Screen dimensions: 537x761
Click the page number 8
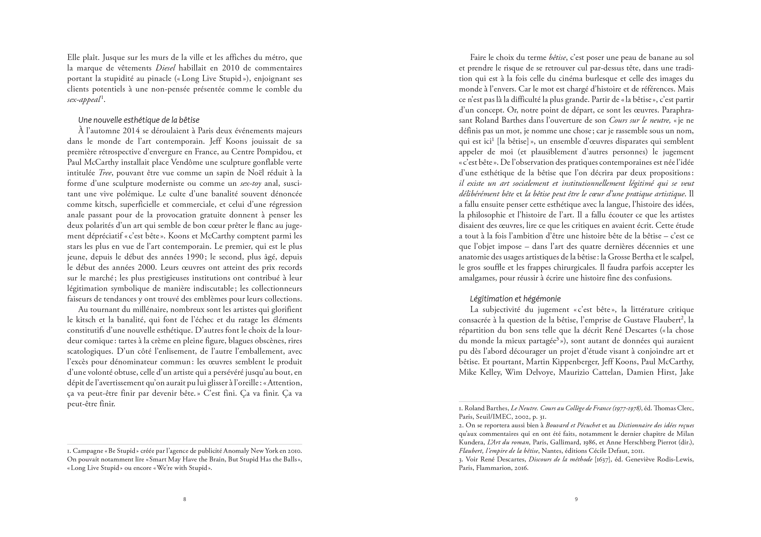pyautogui.click(x=184, y=499)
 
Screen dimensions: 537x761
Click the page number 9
pyautogui.click(x=576, y=499)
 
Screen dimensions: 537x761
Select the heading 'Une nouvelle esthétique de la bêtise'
pyautogui.click(x=138, y=120)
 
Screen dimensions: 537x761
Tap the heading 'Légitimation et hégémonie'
pyautogui.click(x=515, y=299)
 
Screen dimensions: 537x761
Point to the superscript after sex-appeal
pyautogui.click(x=102, y=98)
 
